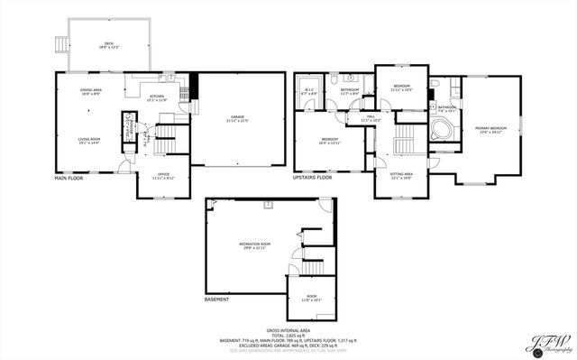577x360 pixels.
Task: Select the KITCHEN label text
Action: pos(157,97)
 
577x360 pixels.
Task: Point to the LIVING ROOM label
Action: pos(88,140)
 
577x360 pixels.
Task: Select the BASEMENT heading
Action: pos(216,300)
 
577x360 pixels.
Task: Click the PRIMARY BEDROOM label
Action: pos(490,129)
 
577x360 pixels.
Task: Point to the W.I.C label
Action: pos(308,89)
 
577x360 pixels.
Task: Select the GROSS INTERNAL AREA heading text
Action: pos(288,330)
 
